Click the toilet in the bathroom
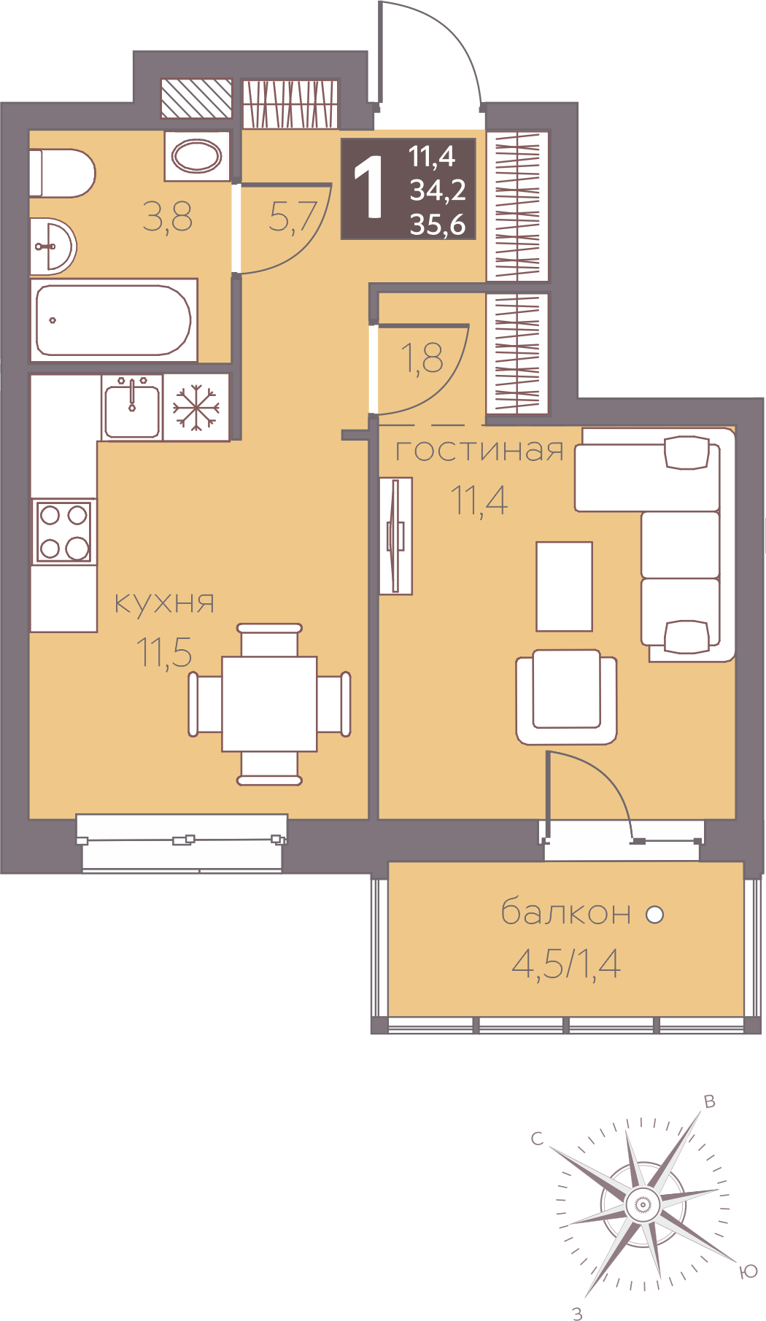click(x=62, y=173)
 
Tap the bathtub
click(x=114, y=319)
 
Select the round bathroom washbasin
click(x=53, y=246)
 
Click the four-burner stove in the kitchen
click(x=64, y=531)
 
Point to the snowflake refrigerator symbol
click(x=196, y=407)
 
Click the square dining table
click(x=269, y=703)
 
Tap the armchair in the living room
click(x=566, y=697)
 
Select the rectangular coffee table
click(x=564, y=586)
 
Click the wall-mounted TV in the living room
click(x=396, y=535)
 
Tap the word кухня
click(x=165, y=603)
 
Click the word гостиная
click(x=479, y=450)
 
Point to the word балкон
click(x=566, y=912)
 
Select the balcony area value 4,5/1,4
click(x=566, y=964)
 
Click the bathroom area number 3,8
click(x=168, y=217)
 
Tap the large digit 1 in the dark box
click(x=370, y=189)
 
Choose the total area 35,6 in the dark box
click(x=438, y=224)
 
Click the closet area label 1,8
click(x=422, y=358)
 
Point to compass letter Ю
click(x=748, y=1271)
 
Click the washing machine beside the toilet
click(x=197, y=155)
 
